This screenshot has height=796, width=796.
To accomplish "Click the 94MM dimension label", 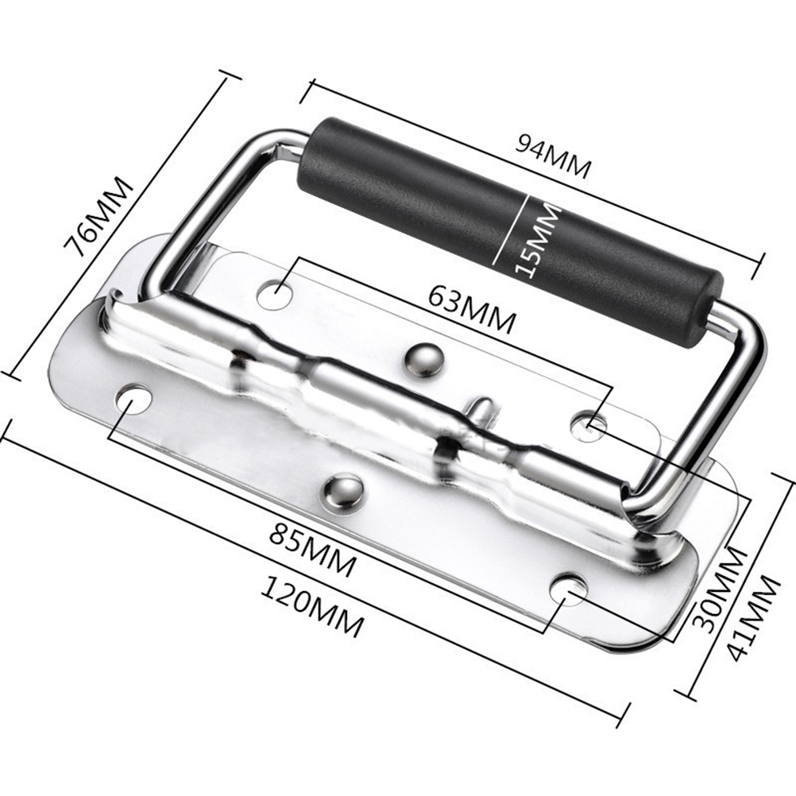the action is point(554,156).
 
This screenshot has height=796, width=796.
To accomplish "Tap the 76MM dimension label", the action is point(99,217).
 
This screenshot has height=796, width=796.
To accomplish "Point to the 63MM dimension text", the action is point(472,309).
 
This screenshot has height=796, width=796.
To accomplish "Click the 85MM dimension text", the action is point(312,551).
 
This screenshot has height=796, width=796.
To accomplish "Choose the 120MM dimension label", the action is point(313,607).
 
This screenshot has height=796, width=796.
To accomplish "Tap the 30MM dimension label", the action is point(720,589).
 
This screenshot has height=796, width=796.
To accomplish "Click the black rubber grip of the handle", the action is point(509,233).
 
